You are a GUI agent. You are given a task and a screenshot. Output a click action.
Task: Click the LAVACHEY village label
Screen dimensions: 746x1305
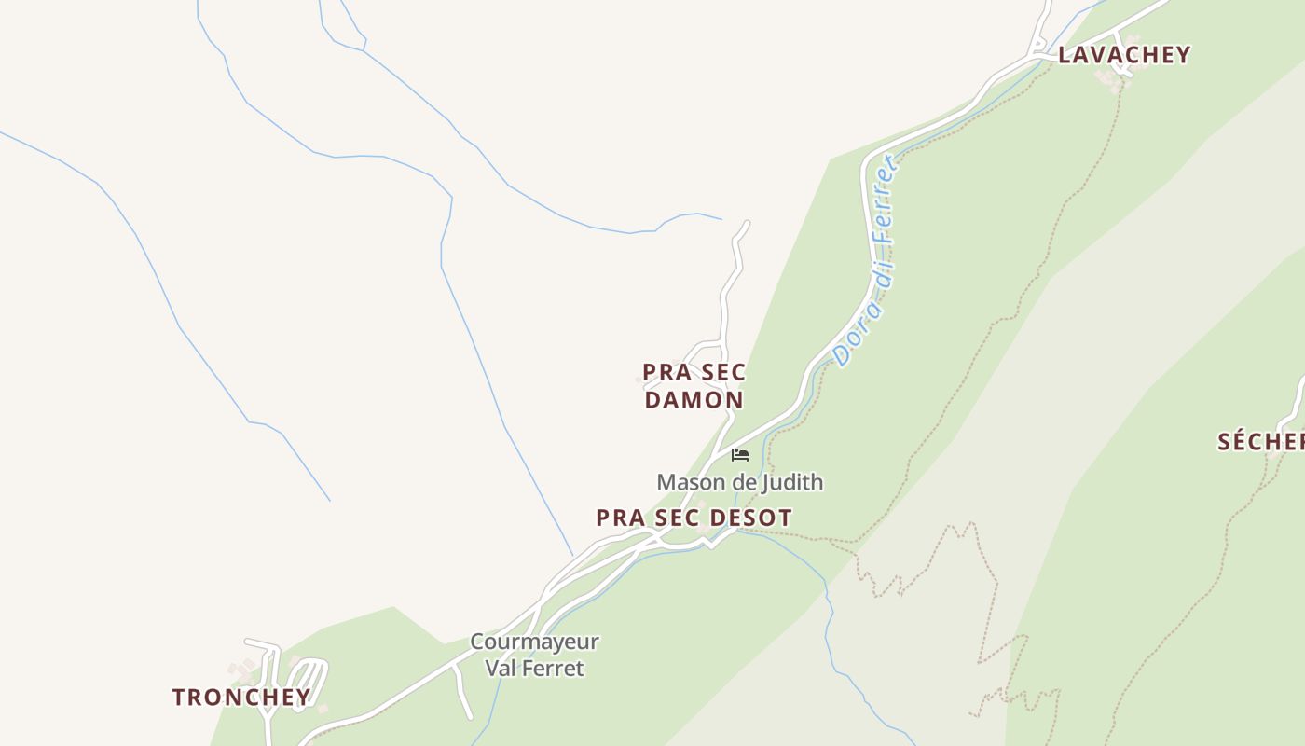1124,55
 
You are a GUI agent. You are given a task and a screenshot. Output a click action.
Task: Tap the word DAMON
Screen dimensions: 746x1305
694,400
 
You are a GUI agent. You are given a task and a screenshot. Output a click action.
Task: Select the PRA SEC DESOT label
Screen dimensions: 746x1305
694,518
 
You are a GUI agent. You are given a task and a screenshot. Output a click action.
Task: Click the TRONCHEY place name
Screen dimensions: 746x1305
241,698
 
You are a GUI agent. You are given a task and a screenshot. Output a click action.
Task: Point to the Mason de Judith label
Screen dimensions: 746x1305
739,482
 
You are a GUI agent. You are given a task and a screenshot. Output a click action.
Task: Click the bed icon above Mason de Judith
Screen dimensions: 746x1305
740,455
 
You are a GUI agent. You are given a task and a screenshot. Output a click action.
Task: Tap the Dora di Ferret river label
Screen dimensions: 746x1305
866,261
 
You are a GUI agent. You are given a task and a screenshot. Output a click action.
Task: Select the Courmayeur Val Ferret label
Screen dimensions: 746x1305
534,655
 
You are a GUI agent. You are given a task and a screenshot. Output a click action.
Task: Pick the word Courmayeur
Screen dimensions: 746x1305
534,642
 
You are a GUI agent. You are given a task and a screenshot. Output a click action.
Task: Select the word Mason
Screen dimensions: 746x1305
691,482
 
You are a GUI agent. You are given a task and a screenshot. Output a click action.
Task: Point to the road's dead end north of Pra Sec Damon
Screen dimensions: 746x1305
747,223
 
